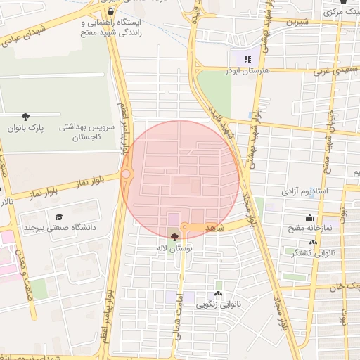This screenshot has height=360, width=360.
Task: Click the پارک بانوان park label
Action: tap(26, 129)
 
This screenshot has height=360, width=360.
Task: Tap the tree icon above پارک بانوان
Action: tap(26, 117)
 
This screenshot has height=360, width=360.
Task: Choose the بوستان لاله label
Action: tap(175, 248)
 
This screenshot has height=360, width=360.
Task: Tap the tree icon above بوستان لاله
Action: tap(174, 237)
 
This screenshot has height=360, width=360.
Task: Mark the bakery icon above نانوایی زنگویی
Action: tap(218, 294)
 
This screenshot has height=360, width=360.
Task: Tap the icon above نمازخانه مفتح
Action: tap(309, 217)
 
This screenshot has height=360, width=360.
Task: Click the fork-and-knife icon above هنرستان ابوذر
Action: tap(246, 59)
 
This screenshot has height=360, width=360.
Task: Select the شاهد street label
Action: tap(214, 229)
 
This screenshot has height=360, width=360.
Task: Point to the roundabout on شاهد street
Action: tap(184, 227)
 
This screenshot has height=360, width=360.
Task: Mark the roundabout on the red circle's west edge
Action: tap(127, 174)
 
